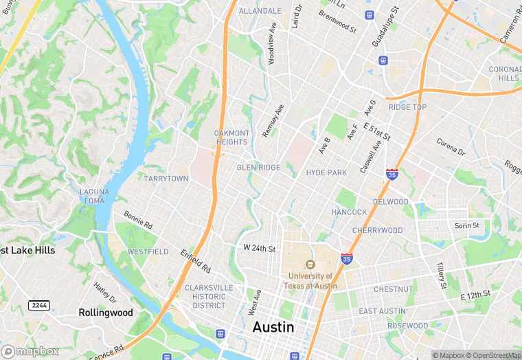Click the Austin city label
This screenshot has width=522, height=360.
pos(273,328)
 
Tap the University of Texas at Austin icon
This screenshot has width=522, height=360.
pos(310,265)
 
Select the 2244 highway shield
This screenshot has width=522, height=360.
pos(38,304)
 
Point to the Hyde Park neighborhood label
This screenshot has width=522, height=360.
pos(326,172)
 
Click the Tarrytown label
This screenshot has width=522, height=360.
pos(166,179)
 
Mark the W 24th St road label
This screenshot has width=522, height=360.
pos(259,247)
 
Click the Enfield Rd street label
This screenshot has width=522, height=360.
pos(196,260)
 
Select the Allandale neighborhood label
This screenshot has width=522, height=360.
pos(260,11)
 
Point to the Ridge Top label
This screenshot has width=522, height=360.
pos(407,107)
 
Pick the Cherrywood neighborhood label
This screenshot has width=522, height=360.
pos(377,230)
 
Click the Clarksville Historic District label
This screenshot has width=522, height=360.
pos(205,297)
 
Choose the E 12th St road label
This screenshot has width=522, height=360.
pos(477,295)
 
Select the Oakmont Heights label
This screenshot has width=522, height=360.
pos(231,137)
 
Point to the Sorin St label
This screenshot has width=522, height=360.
pos(466,225)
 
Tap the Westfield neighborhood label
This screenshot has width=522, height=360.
pos(148,251)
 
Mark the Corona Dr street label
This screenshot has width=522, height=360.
pos(451,146)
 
